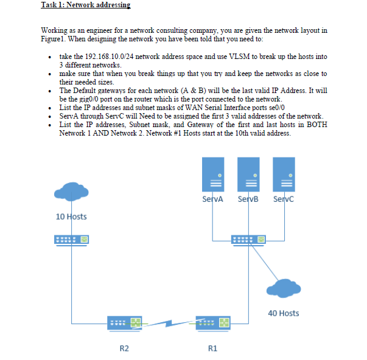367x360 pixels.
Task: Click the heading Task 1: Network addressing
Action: tap(85, 5)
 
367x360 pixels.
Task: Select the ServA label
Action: tap(212, 199)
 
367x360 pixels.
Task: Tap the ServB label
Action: tap(248, 199)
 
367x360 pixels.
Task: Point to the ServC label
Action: tap(284, 199)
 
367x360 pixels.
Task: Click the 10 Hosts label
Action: tap(71, 216)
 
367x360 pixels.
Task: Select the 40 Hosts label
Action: tap(283, 313)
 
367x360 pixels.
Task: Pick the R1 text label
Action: tap(212, 348)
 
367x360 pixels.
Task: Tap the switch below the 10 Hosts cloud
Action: tap(72, 240)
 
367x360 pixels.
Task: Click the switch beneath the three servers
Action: tap(248, 240)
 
